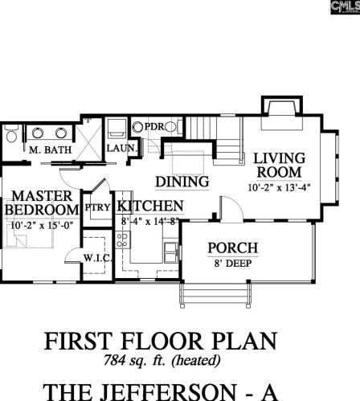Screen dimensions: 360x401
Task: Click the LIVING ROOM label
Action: [x=279, y=166]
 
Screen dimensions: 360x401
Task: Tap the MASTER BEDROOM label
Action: [x=42, y=203]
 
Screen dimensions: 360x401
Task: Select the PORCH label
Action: [x=233, y=248]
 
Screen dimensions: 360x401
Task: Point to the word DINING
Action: [x=182, y=182]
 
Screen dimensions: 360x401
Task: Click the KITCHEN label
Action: [x=150, y=206]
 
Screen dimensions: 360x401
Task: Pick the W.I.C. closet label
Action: [x=97, y=258]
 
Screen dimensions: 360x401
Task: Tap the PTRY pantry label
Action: [x=97, y=207]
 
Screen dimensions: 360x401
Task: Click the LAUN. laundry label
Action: [x=121, y=148]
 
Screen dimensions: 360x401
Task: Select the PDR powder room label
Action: [x=154, y=126]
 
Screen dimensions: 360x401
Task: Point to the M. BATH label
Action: [x=50, y=149]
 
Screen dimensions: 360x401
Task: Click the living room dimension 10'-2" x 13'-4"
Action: [x=279, y=187]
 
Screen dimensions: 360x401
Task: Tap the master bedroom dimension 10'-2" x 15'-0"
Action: [x=42, y=225]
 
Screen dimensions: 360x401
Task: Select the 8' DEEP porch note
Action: [x=233, y=264]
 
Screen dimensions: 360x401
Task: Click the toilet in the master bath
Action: [x=11, y=133]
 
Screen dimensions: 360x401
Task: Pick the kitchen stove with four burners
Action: [x=123, y=239]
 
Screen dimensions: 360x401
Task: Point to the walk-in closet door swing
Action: [x=73, y=256]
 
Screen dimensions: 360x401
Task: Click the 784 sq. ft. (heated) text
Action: [x=162, y=360]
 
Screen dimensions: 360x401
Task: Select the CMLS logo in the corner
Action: [x=346, y=7]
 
